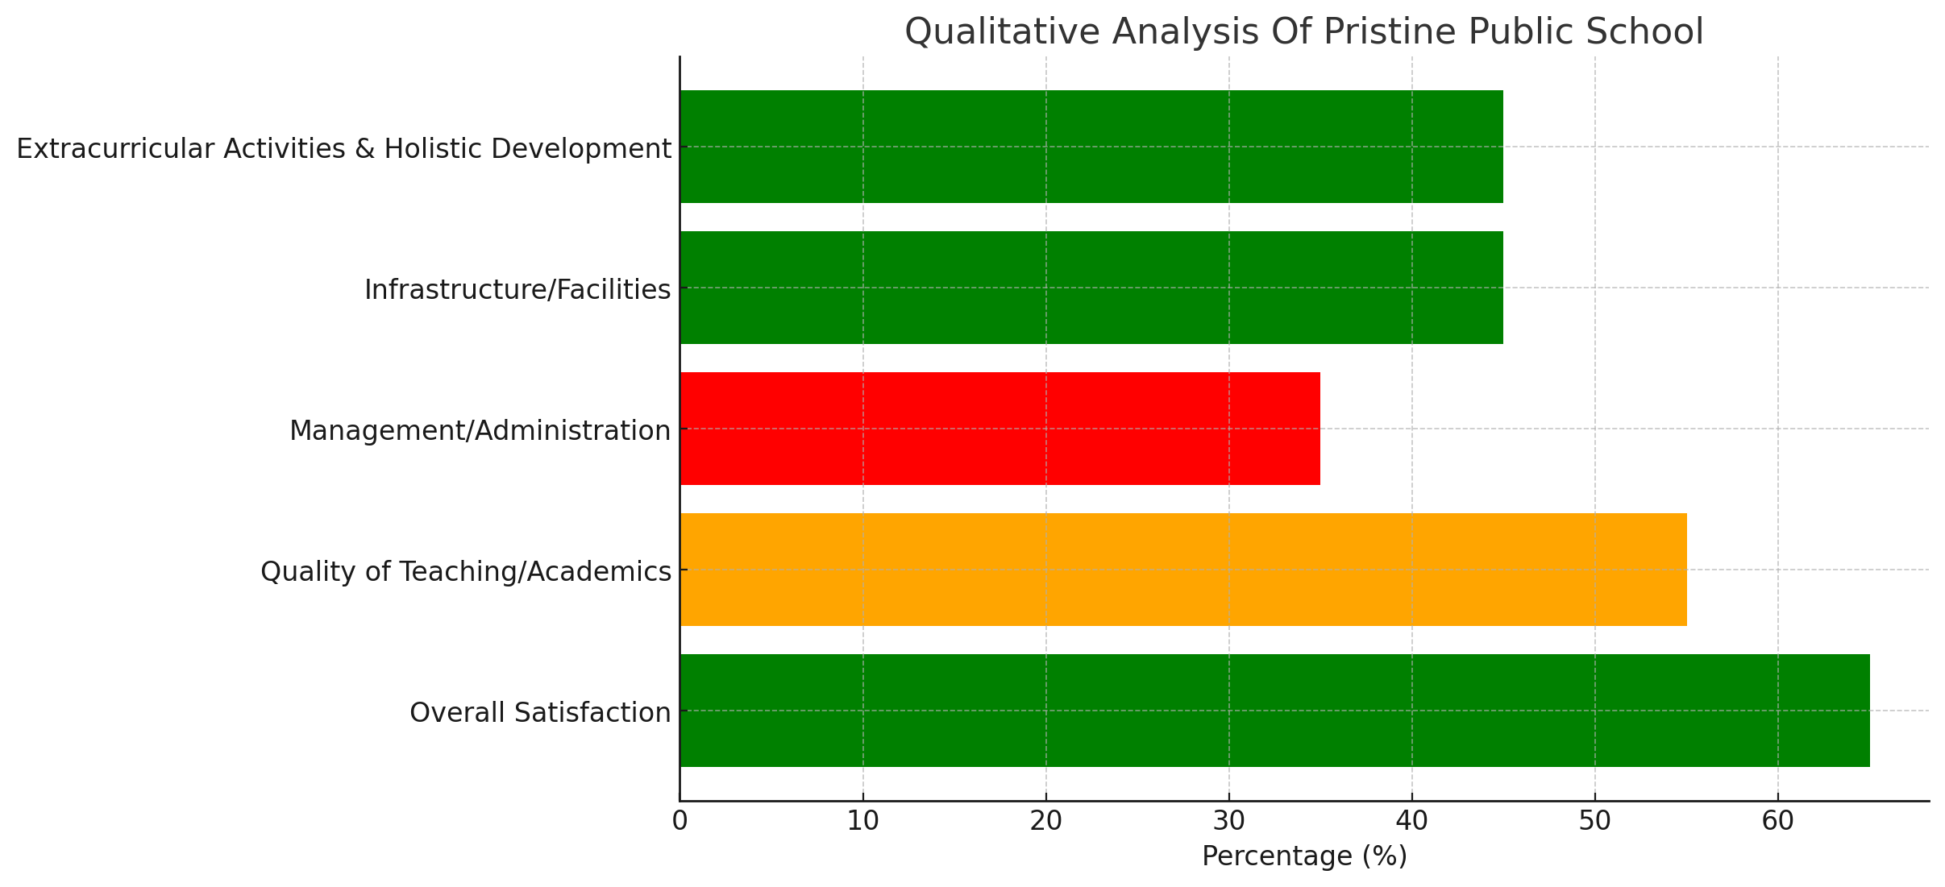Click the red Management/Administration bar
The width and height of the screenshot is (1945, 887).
1000,429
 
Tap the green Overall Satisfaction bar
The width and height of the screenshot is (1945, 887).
1274,711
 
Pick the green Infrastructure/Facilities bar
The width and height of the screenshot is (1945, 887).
1091,288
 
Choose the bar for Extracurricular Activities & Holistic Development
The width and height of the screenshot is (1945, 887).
1091,147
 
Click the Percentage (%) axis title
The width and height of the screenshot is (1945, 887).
1304,856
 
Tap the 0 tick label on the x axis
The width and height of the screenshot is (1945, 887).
680,822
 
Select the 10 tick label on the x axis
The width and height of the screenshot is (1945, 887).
863,822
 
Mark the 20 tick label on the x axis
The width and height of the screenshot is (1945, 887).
1046,822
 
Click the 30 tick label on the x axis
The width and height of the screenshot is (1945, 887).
1229,822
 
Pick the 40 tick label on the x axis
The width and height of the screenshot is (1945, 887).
1412,822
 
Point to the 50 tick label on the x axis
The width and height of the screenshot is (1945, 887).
1595,822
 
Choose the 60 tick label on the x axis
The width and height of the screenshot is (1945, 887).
1778,822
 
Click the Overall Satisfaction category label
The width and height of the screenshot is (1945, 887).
540,713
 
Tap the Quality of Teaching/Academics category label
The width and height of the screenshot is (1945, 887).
466,572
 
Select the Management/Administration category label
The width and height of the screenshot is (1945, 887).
480,431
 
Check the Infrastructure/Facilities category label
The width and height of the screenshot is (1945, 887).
517,290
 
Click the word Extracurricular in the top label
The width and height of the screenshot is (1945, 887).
116,149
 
